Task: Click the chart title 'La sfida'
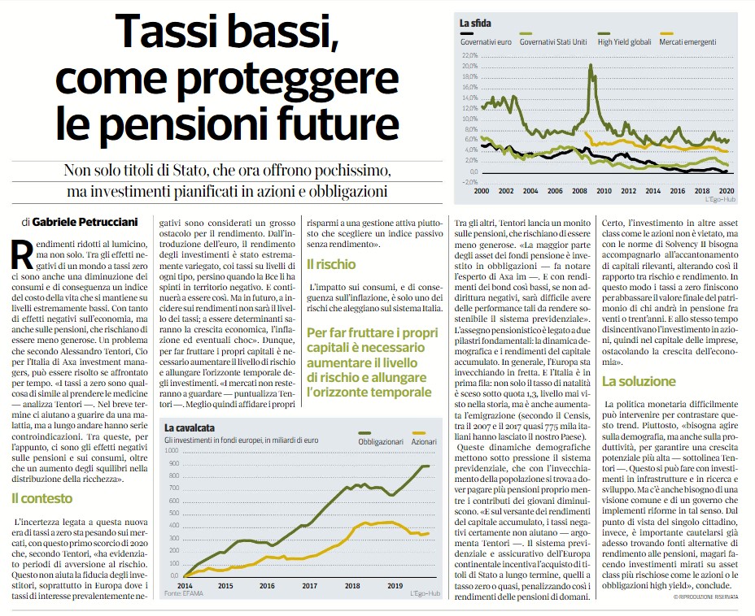coord(475,23)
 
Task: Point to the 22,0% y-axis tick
coord(470,56)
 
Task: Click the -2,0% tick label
coord(470,182)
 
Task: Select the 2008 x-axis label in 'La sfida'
coord(579,191)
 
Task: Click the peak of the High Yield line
coord(591,64)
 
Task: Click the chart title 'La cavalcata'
coord(190,428)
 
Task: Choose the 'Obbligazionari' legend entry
coord(381,441)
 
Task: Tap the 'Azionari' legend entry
coord(424,441)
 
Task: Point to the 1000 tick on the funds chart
coord(172,451)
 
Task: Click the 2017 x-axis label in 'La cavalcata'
coord(310,586)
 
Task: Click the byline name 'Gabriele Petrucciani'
coord(85,222)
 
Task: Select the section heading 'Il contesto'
coord(41,498)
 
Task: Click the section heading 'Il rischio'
coord(331,264)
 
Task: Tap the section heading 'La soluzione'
coord(639,381)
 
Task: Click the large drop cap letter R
coord(22,254)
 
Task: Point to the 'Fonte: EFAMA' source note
coord(183,593)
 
